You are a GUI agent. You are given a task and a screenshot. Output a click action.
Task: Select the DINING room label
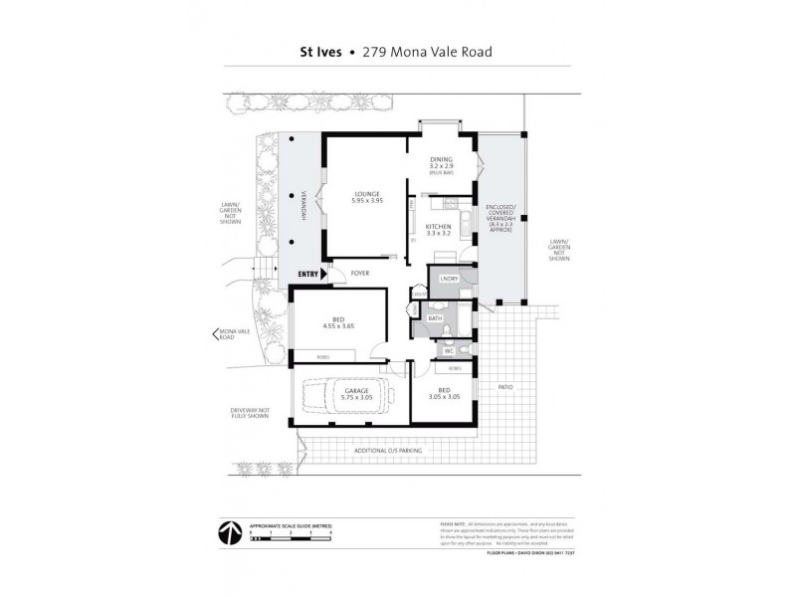(441, 159)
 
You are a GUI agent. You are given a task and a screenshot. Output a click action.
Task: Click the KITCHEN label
(439, 227)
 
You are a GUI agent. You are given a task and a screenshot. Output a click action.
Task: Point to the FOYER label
(360, 273)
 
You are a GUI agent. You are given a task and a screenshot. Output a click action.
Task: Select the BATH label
(435, 319)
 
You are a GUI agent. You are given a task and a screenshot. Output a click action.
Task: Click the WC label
(449, 350)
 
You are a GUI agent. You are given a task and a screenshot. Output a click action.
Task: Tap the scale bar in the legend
(289, 538)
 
